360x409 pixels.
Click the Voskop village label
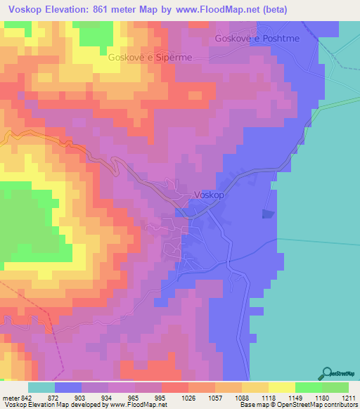pyautogui.click(x=209, y=195)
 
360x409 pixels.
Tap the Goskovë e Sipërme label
pyautogui.click(x=150, y=58)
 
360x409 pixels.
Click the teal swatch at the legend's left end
pyautogui.click(x=41, y=388)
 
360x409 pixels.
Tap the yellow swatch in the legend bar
pyautogui.click(x=282, y=388)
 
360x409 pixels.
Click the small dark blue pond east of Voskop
pyautogui.click(x=268, y=214)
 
